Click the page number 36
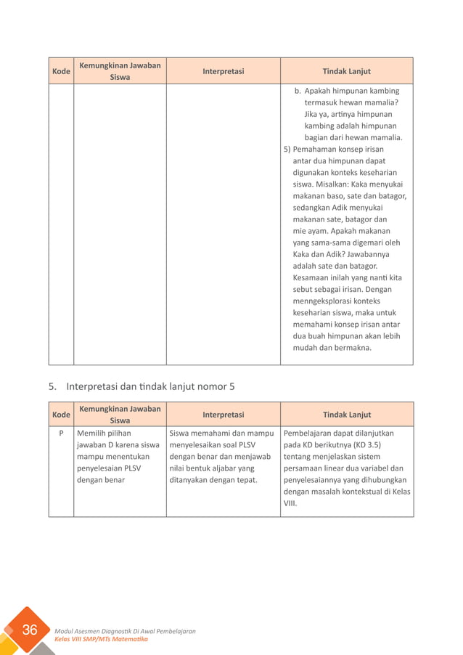tap(30, 630)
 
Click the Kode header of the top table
tap(61, 71)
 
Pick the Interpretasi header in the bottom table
tap(223, 415)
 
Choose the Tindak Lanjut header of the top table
tap(346, 71)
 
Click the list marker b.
tap(298, 91)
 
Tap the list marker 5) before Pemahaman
tap(287, 149)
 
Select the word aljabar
tap(228, 468)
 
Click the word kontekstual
tap(361, 492)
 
